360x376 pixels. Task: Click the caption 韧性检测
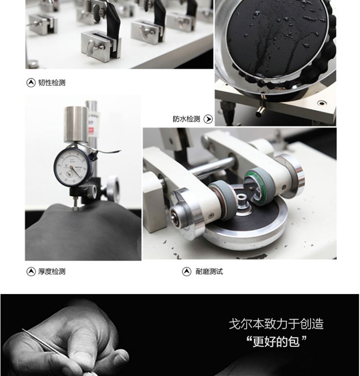(52, 82)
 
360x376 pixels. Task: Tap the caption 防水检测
(186, 119)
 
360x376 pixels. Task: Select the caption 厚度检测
(52, 271)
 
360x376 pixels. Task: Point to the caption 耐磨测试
(209, 271)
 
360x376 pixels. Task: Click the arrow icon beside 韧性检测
(31, 82)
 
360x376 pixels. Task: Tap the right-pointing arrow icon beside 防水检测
(208, 119)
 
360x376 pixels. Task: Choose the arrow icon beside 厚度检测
(31, 271)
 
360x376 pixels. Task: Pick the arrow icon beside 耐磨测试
(187, 271)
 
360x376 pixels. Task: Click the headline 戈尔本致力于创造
(276, 324)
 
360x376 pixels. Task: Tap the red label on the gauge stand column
(91, 131)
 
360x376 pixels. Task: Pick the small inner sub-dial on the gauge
(70, 174)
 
